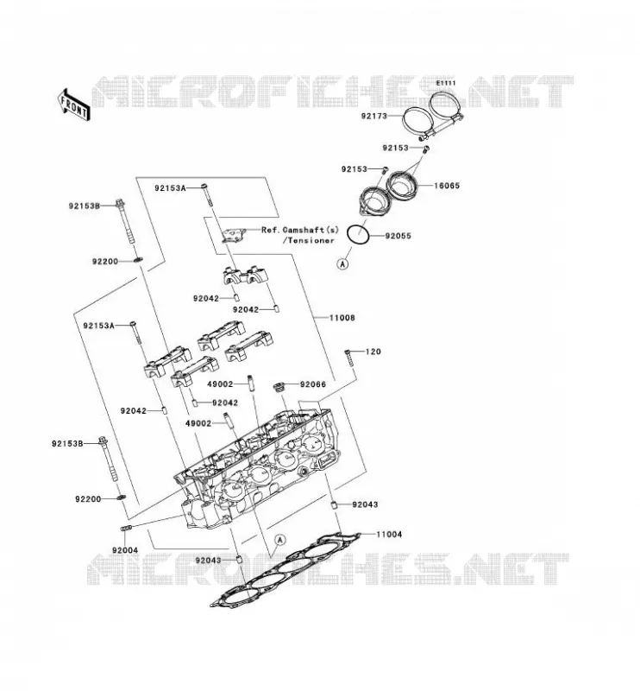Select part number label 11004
pyautogui.click(x=389, y=534)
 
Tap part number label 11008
pyautogui.click(x=342, y=318)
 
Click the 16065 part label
pyautogui.click(x=447, y=186)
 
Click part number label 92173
pyautogui.click(x=374, y=116)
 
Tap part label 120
pyautogui.click(x=373, y=352)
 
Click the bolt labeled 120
pyautogui.click(x=348, y=356)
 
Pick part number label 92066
pyautogui.click(x=313, y=384)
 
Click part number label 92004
pyautogui.click(x=125, y=550)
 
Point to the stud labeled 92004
pyautogui.click(x=125, y=527)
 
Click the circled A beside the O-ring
pyautogui.click(x=342, y=263)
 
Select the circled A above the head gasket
pyautogui.click(x=279, y=540)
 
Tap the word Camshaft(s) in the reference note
pyautogui.click(x=311, y=230)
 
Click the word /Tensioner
pyautogui.click(x=308, y=241)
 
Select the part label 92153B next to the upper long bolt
pyautogui.click(x=85, y=206)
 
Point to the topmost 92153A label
pyautogui.click(x=170, y=188)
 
